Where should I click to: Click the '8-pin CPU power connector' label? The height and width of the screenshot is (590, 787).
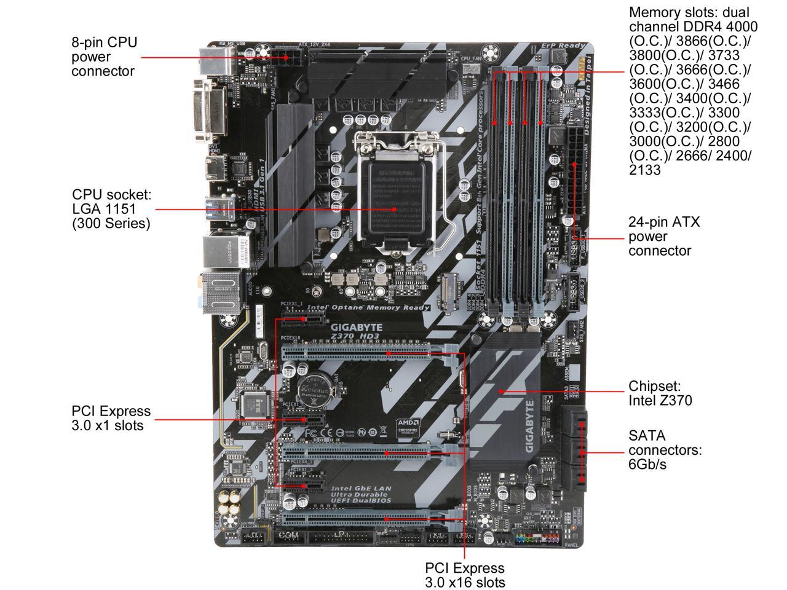point(104,57)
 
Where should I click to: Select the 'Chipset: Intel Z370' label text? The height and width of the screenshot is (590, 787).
point(660,393)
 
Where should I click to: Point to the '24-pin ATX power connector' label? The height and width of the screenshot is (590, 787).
point(664,236)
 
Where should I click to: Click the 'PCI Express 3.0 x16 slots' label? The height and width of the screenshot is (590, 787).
point(464,575)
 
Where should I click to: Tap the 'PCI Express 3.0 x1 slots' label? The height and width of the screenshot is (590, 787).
point(111,418)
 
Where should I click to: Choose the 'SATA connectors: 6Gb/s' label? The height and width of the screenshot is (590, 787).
point(664,450)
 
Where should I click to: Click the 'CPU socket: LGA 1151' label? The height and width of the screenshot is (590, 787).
point(111,209)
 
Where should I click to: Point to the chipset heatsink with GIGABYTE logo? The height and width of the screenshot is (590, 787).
point(504,399)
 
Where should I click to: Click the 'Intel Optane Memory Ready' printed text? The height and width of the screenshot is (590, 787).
point(361,307)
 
